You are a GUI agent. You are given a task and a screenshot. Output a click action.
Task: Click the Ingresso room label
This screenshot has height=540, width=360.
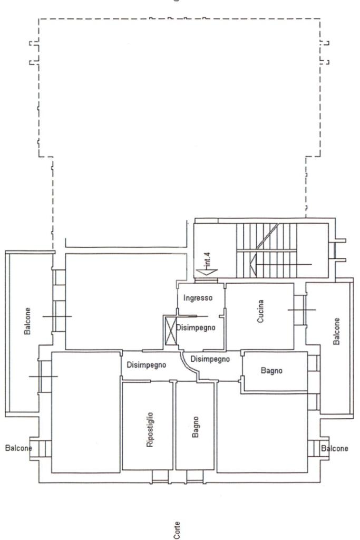198,298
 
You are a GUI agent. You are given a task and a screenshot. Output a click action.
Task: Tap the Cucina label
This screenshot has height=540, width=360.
260,311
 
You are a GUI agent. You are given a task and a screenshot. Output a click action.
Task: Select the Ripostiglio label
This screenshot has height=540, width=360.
150,429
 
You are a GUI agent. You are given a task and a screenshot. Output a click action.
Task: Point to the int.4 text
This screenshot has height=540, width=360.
207,261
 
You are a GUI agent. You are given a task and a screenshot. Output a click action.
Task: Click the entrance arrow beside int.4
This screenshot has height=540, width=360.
206,272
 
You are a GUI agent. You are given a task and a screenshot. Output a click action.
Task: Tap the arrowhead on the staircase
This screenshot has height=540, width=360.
253,265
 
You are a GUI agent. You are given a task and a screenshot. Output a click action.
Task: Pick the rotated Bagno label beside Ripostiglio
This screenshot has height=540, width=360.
196,427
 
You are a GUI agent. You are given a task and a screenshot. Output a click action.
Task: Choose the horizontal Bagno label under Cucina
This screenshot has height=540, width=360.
271,371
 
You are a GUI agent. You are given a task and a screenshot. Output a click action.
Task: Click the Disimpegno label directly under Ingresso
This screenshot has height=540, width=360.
196,327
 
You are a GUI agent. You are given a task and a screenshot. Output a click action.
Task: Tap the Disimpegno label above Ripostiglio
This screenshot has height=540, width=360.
147,365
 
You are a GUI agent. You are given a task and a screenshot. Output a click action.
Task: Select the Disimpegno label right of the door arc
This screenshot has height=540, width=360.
210,359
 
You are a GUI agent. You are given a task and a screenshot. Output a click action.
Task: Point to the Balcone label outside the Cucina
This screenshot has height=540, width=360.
337,331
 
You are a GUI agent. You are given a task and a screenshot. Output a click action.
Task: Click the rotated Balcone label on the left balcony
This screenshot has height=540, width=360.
27,321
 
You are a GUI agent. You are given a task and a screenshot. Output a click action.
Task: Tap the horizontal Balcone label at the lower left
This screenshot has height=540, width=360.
18,448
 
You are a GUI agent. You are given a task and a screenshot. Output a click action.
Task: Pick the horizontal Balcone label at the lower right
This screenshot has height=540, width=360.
335,448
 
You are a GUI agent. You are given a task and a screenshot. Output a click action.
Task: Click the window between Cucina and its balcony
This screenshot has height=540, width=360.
300,310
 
